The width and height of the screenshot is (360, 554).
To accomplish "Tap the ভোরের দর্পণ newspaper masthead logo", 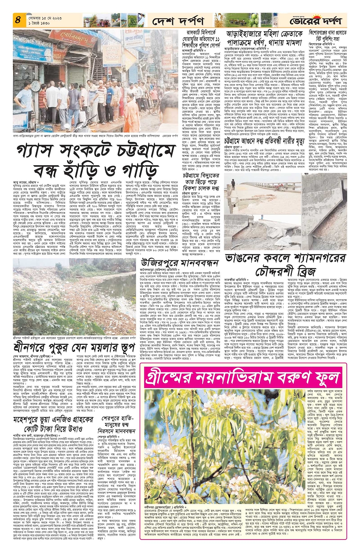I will [x=316, y=20].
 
